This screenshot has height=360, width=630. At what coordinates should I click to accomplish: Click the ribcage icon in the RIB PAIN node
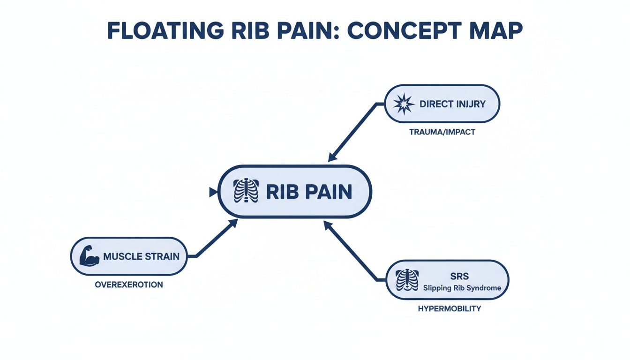[x=246, y=192]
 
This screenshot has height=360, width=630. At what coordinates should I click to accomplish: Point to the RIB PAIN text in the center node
[x=309, y=192]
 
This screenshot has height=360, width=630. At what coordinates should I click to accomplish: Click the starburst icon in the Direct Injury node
[x=403, y=104]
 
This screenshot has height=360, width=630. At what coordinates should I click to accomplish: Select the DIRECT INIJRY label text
[x=453, y=104]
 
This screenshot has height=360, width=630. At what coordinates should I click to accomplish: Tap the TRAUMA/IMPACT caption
[x=442, y=132]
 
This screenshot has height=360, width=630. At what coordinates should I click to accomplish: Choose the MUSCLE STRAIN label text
[x=141, y=256]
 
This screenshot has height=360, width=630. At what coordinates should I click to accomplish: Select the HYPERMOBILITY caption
[x=449, y=309]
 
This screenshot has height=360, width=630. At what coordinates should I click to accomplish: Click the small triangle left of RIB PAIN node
[x=213, y=192]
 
